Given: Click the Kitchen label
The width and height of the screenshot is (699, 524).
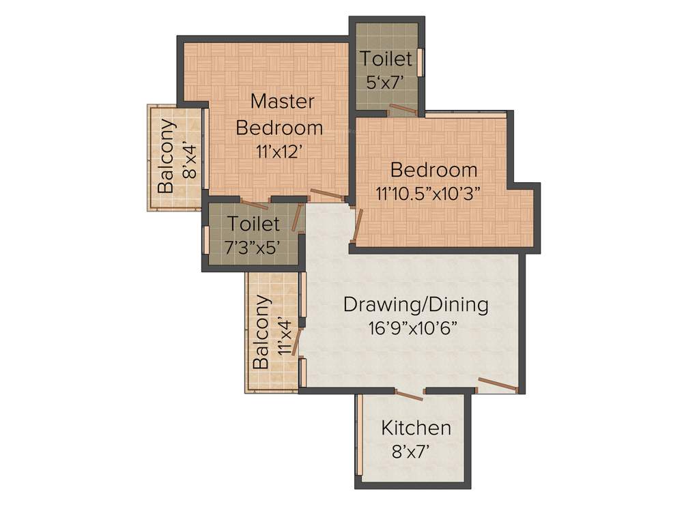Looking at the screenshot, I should (x=416, y=428).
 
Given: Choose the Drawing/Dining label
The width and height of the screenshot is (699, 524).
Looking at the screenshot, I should (x=416, y=304).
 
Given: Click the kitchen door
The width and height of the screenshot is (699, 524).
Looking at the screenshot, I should (x=410, y=394).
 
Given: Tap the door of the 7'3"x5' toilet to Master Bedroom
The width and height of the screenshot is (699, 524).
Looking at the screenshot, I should (x=255, y=204).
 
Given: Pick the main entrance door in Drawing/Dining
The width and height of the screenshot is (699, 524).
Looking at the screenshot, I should (x=497, y=385).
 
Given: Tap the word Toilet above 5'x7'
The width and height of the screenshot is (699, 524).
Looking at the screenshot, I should (x=386, y=59).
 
